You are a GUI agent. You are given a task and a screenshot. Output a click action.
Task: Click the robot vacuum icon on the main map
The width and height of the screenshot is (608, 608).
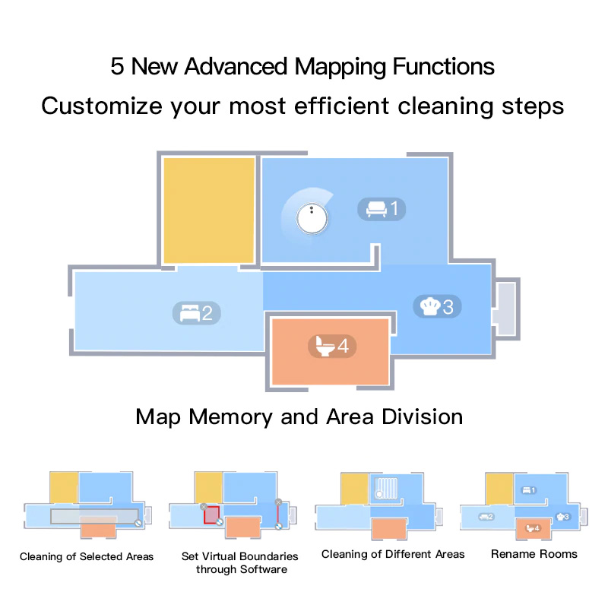pyautogui.click(x=312, y=218)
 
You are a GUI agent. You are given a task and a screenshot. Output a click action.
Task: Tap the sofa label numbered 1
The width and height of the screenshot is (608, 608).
pyautogui.click(x=382, y=209)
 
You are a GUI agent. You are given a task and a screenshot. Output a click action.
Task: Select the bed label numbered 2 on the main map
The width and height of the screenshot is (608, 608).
pyautogui.click(x=197, y=313)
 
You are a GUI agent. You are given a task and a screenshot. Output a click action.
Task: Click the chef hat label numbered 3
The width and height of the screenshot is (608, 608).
pyautogui.click(x=438, y=307)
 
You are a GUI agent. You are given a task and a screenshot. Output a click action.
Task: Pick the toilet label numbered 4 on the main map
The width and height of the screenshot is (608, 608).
pyautogui.click(x=332, y=346)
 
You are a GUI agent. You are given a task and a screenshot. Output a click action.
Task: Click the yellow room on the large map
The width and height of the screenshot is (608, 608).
pyautogui.click(x=208, y=211)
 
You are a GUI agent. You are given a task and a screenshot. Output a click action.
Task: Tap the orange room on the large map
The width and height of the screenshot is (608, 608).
pyautogui.click(x=331, y=352)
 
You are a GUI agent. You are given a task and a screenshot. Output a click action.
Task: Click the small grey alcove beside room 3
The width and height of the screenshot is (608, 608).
pyautogui.click(x=506, y=309)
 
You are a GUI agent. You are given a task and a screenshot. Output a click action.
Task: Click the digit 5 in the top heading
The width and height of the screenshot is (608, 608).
pyautogui.click(x=117, y=66)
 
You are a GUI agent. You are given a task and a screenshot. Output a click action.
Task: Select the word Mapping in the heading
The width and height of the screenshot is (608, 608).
pyautogui.click(x=340, y=68)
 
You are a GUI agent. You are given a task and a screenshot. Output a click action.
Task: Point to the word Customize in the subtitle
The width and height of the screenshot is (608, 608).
pyautogui.click(x=102, y=106)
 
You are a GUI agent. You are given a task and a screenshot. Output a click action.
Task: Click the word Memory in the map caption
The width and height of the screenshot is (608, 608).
pyautogui.click(x=230, y=417)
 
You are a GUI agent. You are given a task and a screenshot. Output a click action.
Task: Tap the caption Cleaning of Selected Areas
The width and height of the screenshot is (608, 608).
pyautogui.click(x=87, y=557)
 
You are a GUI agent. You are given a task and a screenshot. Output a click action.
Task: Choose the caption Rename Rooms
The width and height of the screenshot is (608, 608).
pyautogui.click(x=534, y=554)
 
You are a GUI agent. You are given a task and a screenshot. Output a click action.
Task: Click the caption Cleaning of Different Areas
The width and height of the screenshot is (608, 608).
pyautogui.click(x=393, y=555)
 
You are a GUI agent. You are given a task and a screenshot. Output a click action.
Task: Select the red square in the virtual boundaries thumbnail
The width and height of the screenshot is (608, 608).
pyautogui.click(x=212, y=515)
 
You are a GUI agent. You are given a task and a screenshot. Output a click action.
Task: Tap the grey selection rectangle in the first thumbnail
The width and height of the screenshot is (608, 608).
pyautogui.click(x=94, y=516)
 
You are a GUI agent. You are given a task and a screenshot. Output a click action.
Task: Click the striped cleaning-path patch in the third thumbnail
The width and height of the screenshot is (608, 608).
pyautogui.click(x=386, y=488)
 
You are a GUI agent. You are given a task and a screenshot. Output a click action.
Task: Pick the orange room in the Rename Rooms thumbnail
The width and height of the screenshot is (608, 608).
pyautogui.click(x=534, y=528)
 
